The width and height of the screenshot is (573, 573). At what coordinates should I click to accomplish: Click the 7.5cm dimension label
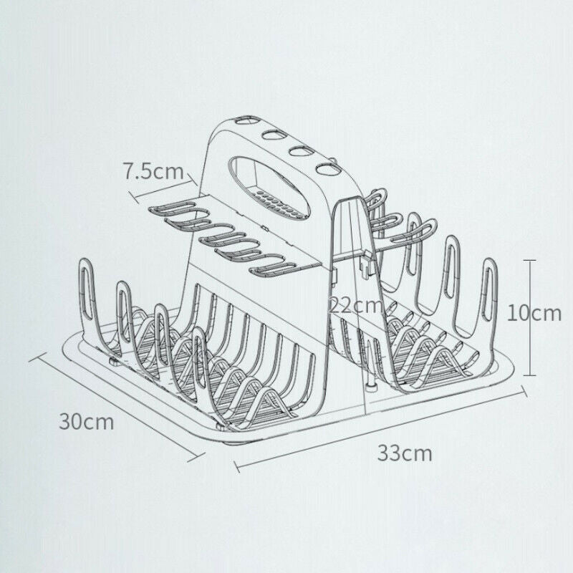(153, 171)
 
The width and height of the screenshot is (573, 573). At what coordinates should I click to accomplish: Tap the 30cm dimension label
(87, 421)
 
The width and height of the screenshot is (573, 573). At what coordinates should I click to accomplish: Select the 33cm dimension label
(405, 453)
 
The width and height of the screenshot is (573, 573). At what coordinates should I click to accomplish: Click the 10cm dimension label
(534, 314)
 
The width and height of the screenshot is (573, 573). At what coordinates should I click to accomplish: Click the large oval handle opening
(270, 186)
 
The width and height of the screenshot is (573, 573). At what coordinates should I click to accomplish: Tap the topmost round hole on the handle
(246, 120)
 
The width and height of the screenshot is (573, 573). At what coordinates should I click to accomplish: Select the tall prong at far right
(490, 292)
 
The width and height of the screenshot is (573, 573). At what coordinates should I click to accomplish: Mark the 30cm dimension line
(117, 408)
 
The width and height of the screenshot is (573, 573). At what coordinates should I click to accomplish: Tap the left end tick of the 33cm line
(237, 468)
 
